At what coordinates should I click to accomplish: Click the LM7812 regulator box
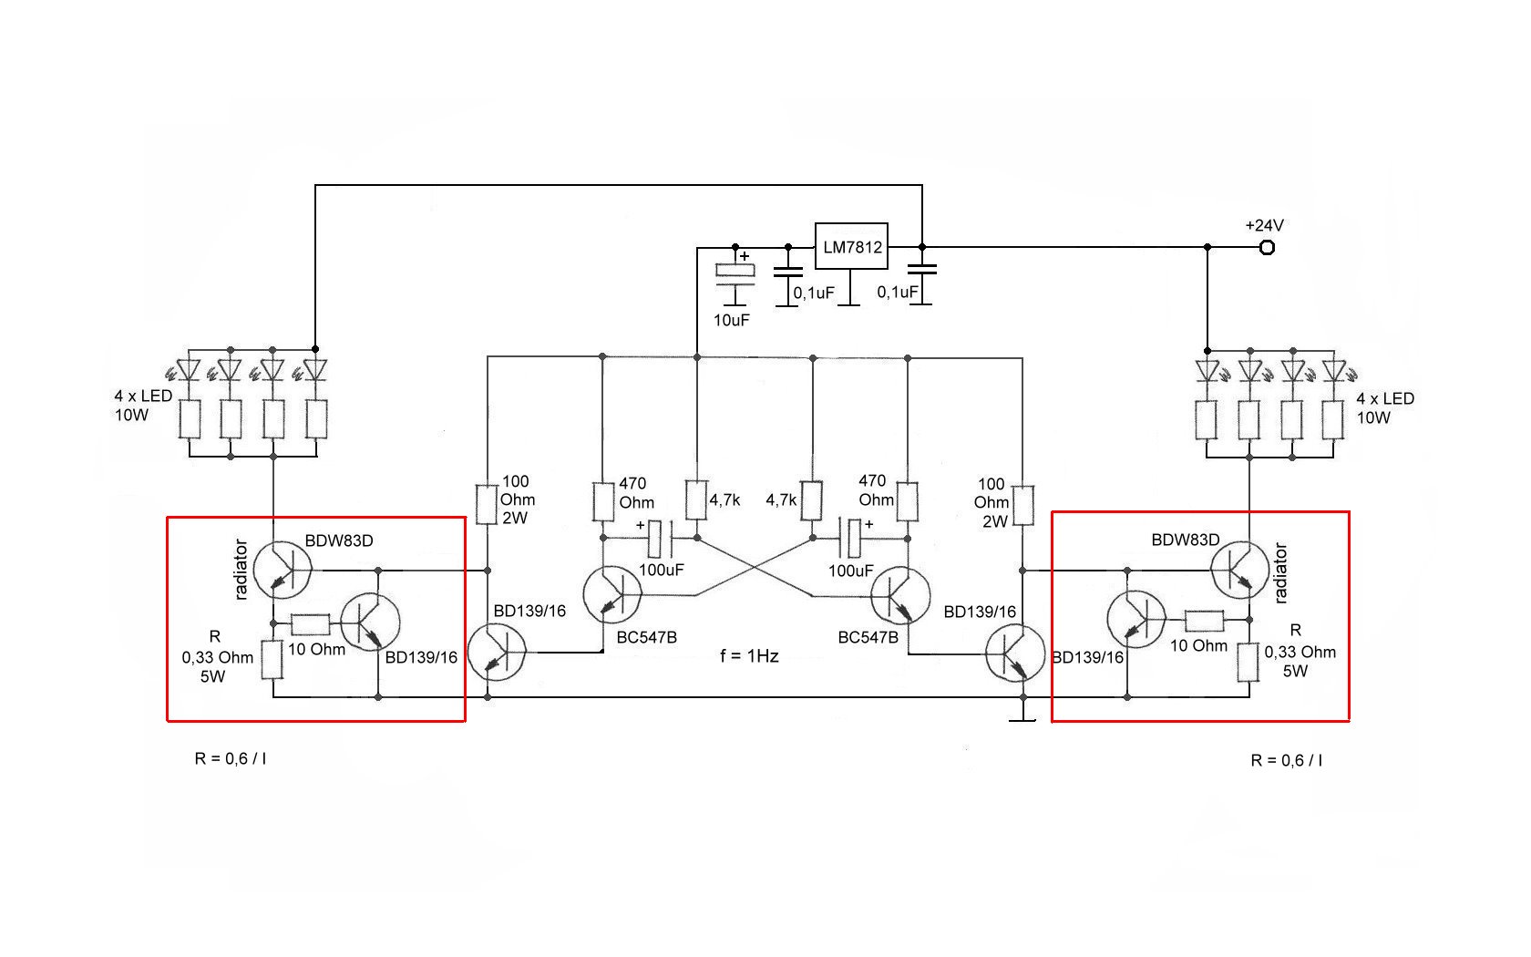[x=850, y=246]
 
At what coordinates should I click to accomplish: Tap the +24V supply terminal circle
[x=1266, y=247]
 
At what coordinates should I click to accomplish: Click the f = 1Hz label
[x=749, y=655]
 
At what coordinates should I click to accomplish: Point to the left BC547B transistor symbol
[x=611, y=594]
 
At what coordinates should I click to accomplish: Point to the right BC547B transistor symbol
[x=899, y=595]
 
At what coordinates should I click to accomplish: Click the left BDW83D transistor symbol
[x=282, y=570]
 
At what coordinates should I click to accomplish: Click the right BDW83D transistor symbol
[x=1239, y=570]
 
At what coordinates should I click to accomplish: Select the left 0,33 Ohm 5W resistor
[x=272, y=660]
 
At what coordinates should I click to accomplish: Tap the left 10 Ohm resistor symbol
[x=311, y=624]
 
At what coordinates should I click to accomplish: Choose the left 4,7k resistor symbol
[x=696, y=500]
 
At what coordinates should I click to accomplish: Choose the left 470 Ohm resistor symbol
[x=603, y=502]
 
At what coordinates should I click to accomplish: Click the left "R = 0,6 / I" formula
[x=231, y=758]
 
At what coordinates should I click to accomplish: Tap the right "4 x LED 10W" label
[x=1384, y=408]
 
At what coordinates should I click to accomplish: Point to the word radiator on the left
[x=241, y=570]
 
